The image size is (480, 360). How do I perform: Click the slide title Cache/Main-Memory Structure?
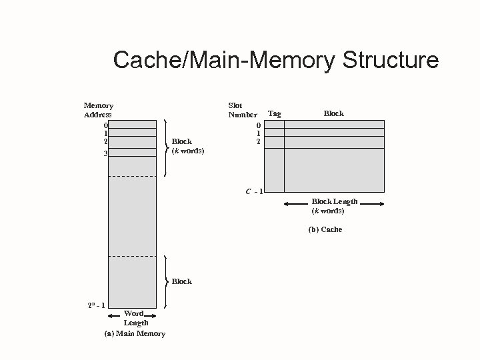pos(276,60)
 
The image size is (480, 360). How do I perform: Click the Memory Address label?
pos(98,110)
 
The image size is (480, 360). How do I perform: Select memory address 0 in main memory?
pos(105,124)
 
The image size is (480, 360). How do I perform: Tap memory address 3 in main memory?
pos(105,153)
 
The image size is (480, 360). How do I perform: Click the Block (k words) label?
pos(188,146)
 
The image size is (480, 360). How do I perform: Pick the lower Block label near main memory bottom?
pos(181,281)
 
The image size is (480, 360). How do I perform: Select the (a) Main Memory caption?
pos(135,333)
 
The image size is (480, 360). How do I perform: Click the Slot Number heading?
pos(243,110)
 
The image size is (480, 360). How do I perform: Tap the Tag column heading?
pos(274,114)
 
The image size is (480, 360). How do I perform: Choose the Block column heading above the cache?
pos(333,113)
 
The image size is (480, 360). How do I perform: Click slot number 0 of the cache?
pos(257,124)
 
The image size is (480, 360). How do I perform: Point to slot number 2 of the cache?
pos(257,141)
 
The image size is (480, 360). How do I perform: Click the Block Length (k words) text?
pos(335,206)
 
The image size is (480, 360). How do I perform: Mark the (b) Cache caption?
pos(325,229)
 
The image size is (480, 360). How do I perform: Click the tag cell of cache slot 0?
pos(274,124)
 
